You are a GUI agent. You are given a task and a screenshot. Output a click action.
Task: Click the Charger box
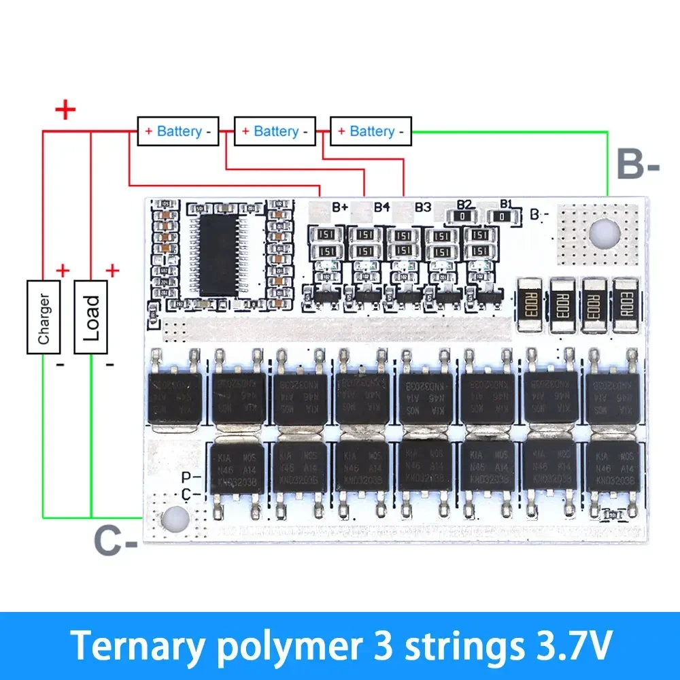click(44, 316)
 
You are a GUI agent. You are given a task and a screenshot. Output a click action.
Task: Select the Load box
click(91, 316)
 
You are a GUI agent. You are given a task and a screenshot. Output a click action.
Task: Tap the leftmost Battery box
click(178, 131)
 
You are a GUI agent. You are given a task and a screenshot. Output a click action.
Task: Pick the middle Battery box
click(275, 131)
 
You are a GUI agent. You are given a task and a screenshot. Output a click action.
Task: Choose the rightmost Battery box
click(371, 131)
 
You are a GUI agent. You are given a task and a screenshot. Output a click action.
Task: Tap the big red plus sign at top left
click(65, 110)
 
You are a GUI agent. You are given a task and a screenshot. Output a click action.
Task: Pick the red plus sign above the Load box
click(112, 271)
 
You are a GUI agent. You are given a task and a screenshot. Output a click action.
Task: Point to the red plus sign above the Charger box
click(63, 271)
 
